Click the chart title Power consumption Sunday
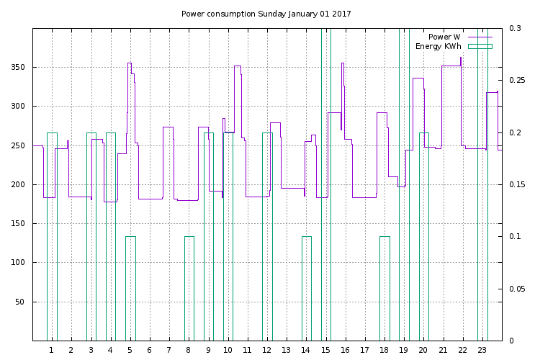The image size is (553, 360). point(266,14)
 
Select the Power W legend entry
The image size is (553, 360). point(444,37)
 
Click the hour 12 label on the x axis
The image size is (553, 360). point(267,350)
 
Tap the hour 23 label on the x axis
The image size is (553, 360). point(482,350)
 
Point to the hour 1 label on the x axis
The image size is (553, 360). point(51,350)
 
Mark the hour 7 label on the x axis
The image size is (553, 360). point(168,350)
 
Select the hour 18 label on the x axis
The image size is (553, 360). point(385,350)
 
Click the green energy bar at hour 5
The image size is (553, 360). point(130,288)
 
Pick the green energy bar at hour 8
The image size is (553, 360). point(189,288)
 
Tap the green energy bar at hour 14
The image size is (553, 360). point(307,288)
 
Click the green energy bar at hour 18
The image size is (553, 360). point(385,288)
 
